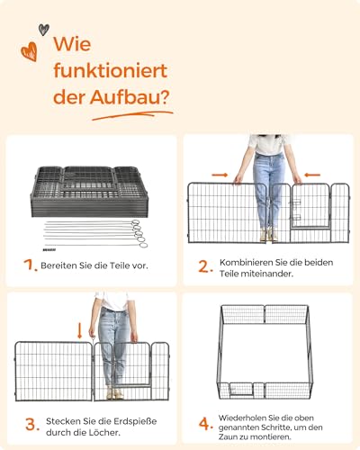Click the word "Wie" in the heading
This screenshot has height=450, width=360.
click(x=74, y=45)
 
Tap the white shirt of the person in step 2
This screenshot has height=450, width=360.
click(x=268, y=145)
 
